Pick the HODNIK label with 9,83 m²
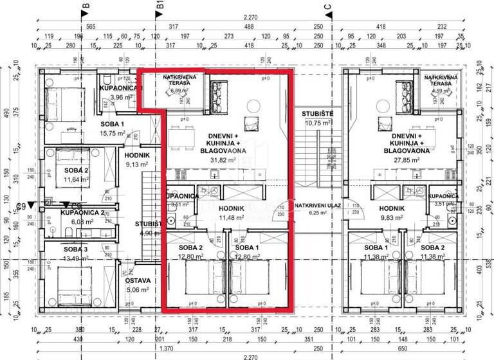(391, 208)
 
